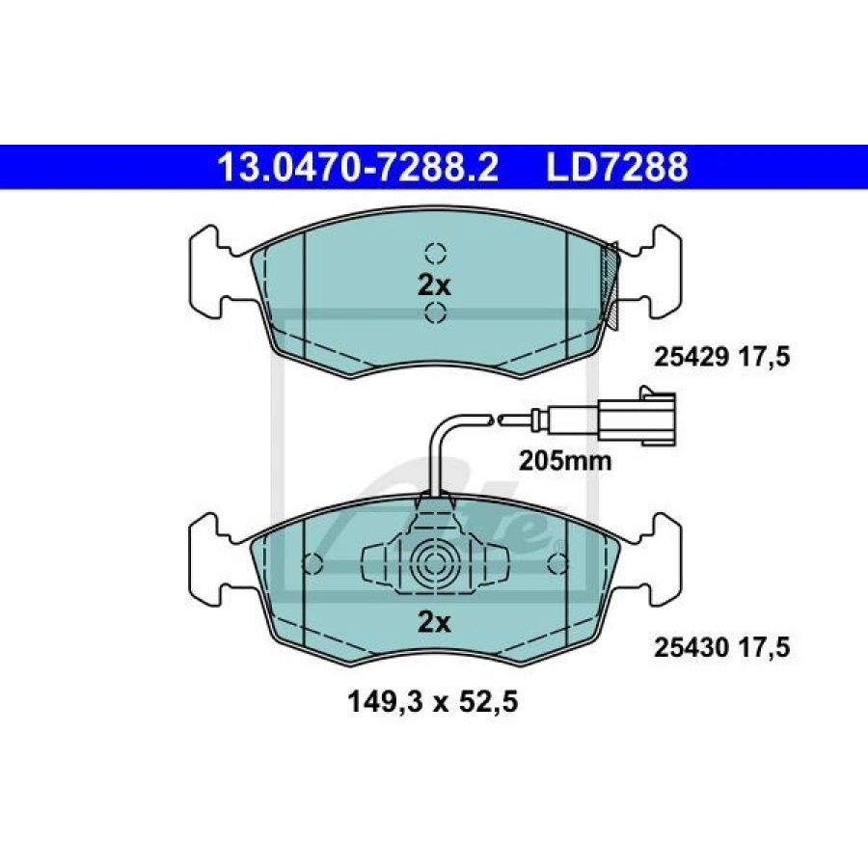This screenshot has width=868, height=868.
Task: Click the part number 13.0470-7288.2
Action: pyautogui.click(x=359, y=167)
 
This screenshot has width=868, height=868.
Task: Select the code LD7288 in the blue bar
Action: pyautogui.click(x=617, y=167)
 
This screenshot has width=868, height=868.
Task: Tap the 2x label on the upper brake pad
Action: pyautogui.click(x=435, y=286)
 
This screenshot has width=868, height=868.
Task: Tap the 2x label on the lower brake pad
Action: pyautogui.click(x=435, y=623)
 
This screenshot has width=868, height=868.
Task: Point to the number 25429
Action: pyautogui.click(x=692, y=357)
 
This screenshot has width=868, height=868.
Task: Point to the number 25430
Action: pyautogui.click(x=692, y=647)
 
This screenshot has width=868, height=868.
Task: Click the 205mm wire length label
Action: pyautogui.click(x=565, y=461)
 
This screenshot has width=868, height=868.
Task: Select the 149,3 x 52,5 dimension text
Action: pyautogui.click(x=433, y=702)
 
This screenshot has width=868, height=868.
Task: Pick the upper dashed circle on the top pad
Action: pyautogui.click(x=436, y=253)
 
